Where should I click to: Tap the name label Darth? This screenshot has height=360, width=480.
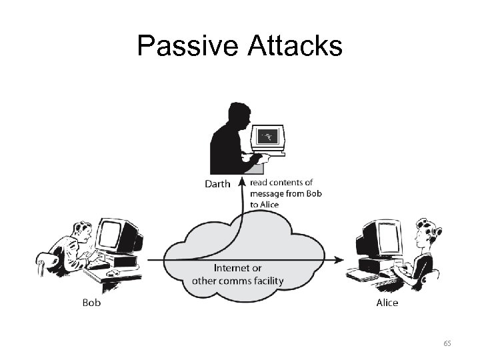[217, 184]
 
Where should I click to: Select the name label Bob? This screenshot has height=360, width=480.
[91, 303]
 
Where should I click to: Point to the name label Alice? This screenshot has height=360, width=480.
[387, 303]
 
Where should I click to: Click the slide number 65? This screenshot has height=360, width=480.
[447, 343]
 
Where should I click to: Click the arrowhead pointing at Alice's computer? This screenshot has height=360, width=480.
[340, 259]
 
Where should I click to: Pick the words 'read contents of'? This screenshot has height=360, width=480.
[282, 183]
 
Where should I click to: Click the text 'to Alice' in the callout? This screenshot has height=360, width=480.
[265, 205]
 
